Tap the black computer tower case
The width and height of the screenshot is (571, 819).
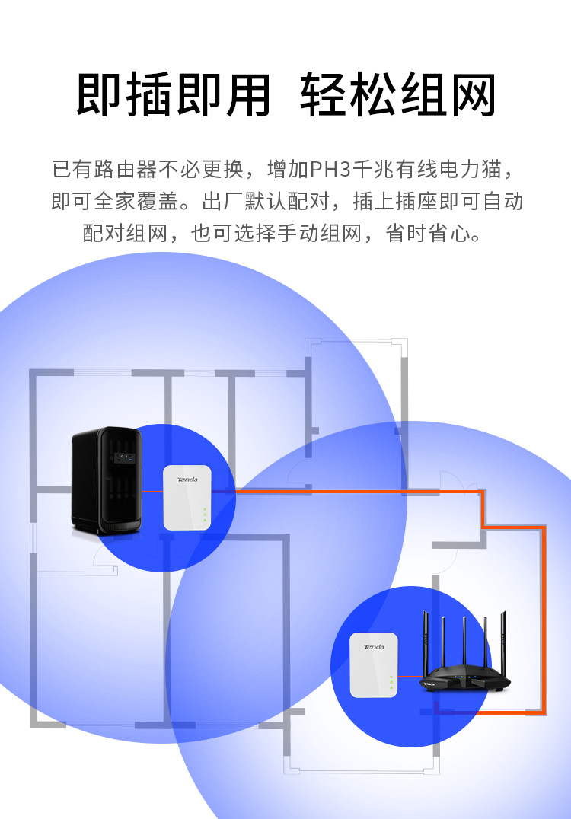(x=107, y=479)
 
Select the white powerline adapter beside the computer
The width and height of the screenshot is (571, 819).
(x=187, y=497)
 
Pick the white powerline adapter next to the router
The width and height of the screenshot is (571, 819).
(x=374, y=664)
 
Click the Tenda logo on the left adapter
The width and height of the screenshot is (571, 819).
(x=187, y=480)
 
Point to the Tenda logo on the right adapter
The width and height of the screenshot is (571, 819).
(x=374, y=647)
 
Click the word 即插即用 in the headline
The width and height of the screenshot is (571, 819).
(x=174, y=96)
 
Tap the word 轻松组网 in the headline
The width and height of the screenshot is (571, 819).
(x=398, y=96)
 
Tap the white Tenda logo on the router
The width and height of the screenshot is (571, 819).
(x=429, y=684)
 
